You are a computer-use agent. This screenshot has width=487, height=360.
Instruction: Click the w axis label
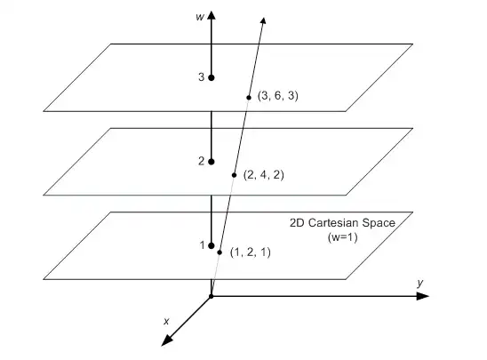[200, 17]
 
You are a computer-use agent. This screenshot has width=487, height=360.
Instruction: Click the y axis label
[420, 283]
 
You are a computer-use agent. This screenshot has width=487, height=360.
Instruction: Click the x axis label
[166, 321]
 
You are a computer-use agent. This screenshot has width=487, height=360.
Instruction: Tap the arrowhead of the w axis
[212, 15]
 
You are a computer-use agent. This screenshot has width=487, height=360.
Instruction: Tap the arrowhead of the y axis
[423, 296]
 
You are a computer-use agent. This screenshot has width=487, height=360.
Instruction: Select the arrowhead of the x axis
[167, 340]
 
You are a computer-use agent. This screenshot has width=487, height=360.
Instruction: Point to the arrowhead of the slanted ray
[263, 20]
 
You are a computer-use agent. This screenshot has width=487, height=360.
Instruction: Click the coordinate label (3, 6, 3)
[277, 96]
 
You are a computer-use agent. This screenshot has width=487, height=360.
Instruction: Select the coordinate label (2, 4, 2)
[264, 175]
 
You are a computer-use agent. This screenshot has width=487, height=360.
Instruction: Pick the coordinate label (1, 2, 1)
[251, 252]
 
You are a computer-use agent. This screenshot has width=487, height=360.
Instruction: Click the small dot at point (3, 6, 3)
[249, 98]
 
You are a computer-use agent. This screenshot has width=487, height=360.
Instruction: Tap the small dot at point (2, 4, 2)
[235, 175]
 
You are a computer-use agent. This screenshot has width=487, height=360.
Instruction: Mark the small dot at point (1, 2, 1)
[220, 252]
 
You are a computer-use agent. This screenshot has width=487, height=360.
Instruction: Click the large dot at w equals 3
[212, 77]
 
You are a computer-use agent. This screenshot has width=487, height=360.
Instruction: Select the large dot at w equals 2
[212, 162]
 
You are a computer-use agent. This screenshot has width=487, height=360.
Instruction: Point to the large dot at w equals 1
[212, 245]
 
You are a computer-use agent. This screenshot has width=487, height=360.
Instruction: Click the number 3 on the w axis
[201, 77]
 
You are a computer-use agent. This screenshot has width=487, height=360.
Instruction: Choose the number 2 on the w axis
[201, 161]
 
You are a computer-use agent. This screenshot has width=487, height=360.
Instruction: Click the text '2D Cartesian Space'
[342, 223]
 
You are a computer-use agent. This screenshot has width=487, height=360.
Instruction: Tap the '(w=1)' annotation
[342, 237]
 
